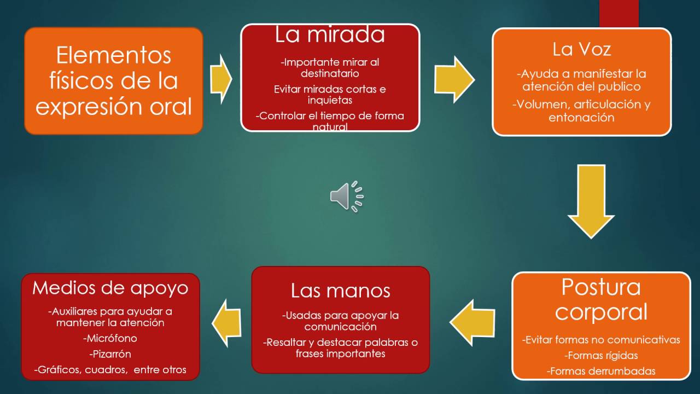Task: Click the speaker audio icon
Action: [346, 196]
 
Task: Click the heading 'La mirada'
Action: [330, 36]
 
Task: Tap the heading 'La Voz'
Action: [581, 50]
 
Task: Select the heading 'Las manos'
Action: [340, 291]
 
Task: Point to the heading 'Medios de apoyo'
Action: [110, 288]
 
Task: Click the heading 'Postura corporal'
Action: [601, 299]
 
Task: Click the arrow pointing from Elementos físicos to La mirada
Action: [221, 79]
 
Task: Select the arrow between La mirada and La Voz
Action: [454, 79]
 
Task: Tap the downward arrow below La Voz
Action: [591, 201]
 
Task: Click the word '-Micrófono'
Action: [110, 338]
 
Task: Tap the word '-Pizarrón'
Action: [110, 354]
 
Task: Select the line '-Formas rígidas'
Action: [601, 356]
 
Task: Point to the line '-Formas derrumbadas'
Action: [601, 372]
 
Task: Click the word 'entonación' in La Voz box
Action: [581, 118]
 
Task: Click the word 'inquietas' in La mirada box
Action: [330, 101]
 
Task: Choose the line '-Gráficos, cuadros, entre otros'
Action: [110, 370]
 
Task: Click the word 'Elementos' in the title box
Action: [114, 55]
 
